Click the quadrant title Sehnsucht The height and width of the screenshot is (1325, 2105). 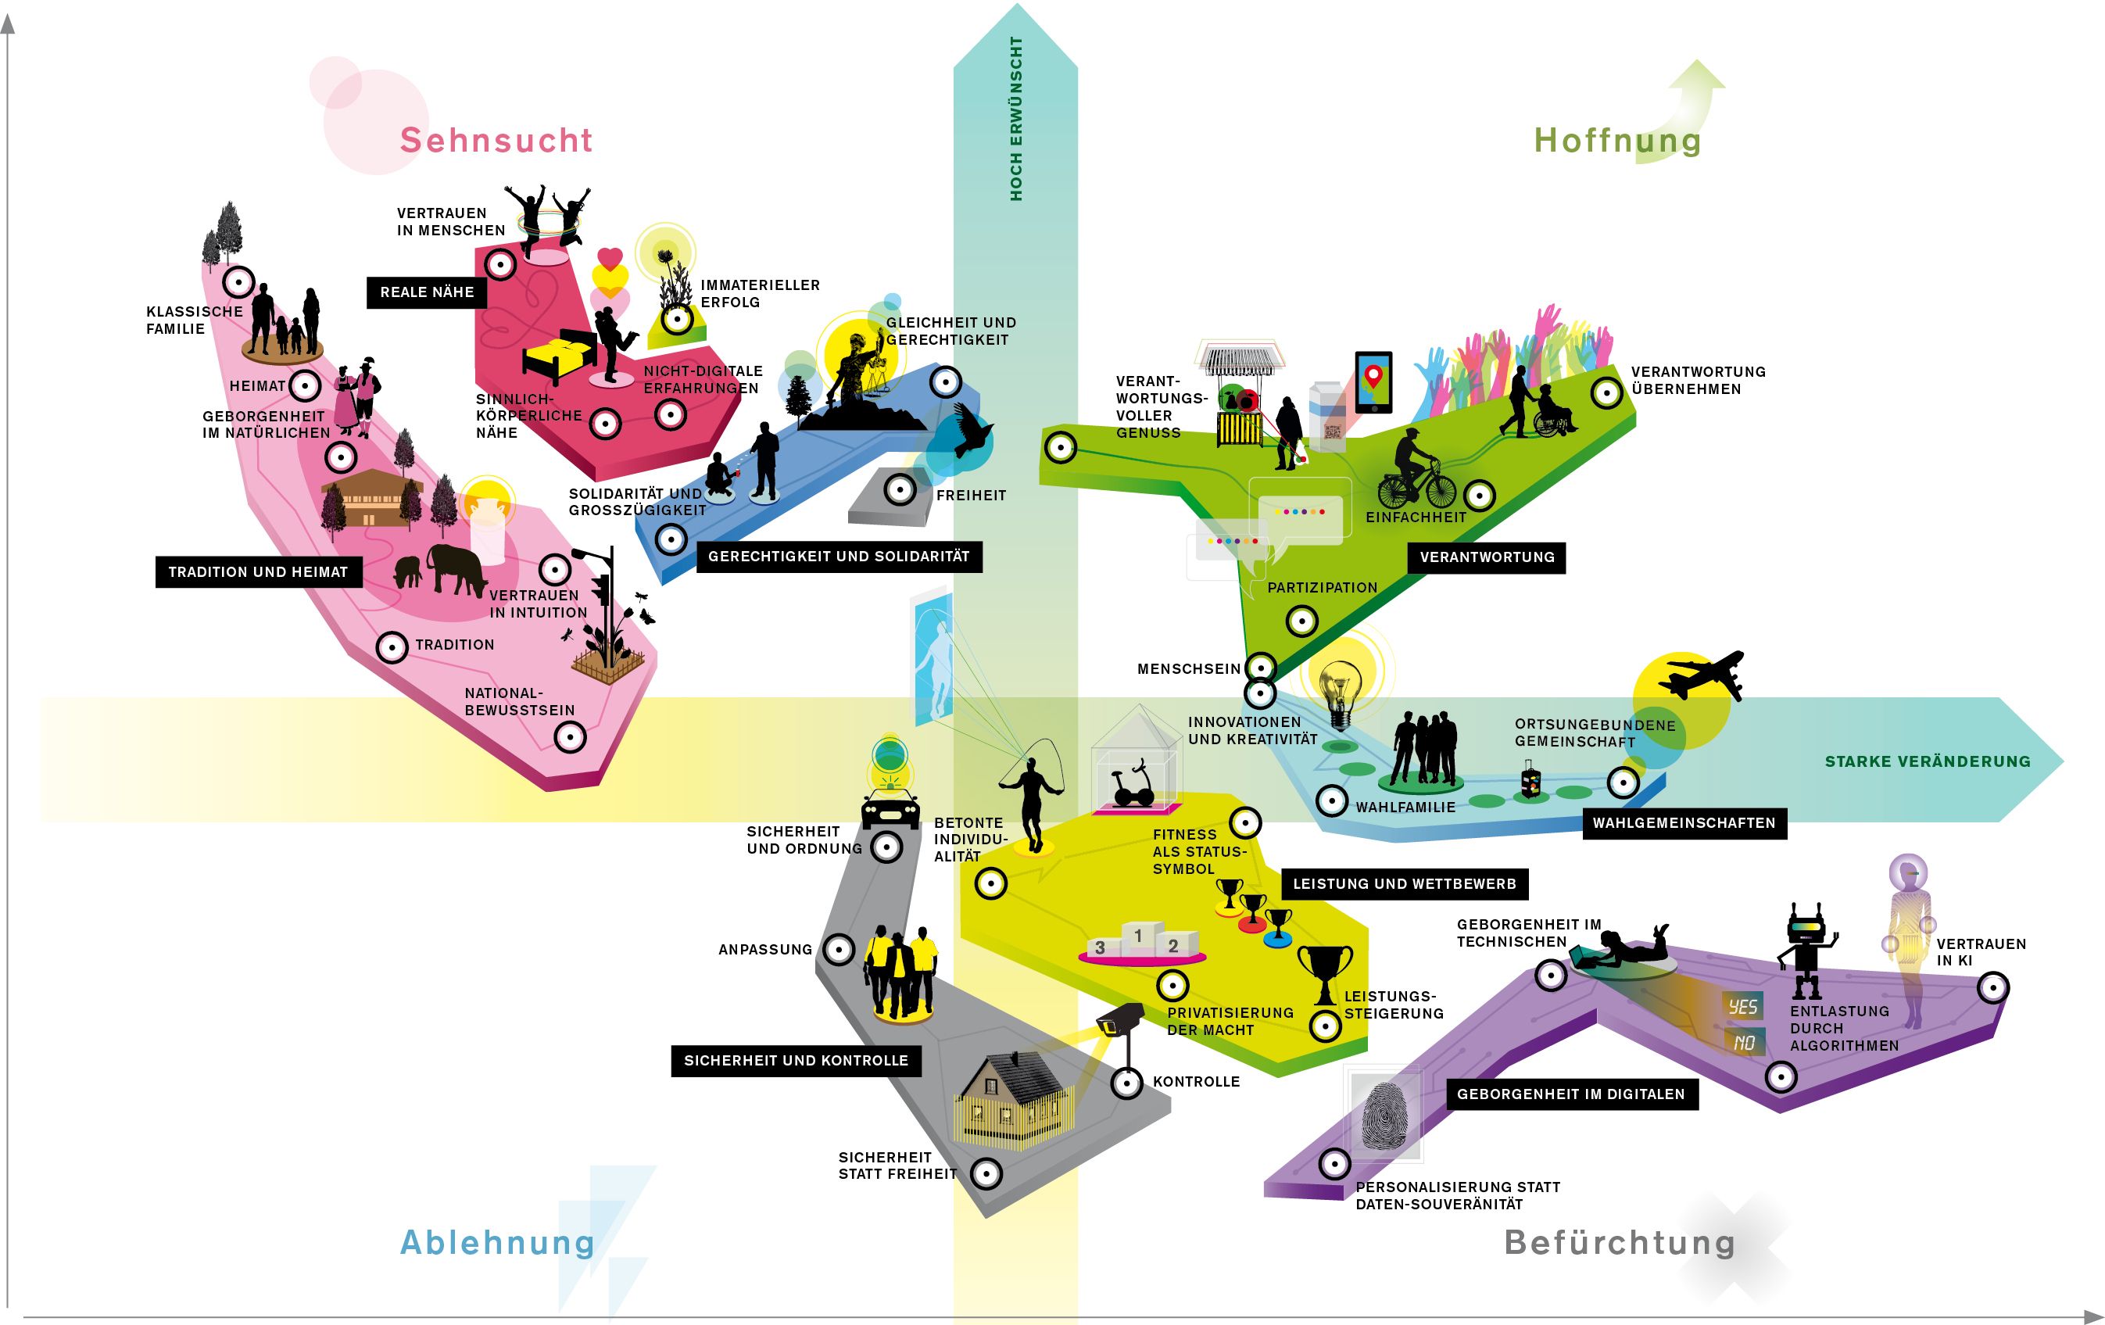click(496, 141)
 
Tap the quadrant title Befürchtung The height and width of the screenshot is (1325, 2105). click(1619, 1242)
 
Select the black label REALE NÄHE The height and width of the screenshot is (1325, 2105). click(427, 292)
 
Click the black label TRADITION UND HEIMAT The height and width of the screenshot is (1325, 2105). click(258, 571)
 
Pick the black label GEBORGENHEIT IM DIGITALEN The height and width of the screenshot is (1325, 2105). click(1571, 1094)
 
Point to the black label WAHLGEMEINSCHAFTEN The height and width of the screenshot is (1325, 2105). click(1684, 822)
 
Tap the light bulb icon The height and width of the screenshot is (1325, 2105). click(1339, 691)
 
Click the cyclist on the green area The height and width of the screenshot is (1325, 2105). click(1416, 472)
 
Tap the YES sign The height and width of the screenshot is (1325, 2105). click(1742, 1006)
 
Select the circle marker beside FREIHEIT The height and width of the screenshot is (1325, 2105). click(900, 489)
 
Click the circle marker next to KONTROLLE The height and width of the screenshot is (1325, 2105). click(1127, 1083)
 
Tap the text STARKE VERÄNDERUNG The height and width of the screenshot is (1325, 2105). click(1927, 761)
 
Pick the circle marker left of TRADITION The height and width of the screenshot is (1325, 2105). click(392, 646)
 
